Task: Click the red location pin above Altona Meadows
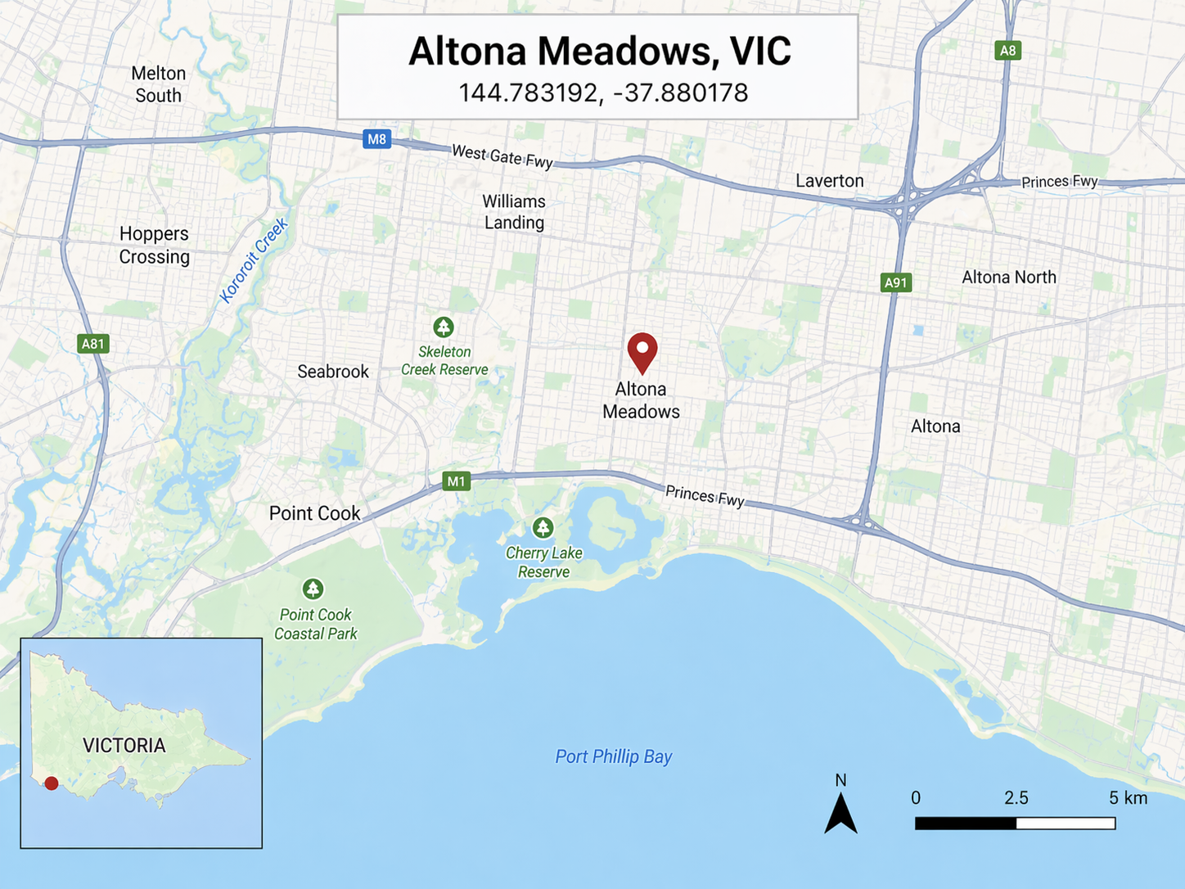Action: point(642,350)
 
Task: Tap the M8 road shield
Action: point(376,139)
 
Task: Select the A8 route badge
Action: point(1007,51)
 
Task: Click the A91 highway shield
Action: point(896,283)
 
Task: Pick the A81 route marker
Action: point(93,344)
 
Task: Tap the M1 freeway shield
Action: point(456,481)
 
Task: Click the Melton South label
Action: point(159,84)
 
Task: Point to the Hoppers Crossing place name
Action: point(155,245)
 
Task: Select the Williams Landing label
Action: point(514,212)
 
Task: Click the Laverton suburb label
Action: point(829,181)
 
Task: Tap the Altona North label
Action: point(1008,278)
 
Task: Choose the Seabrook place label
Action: point(333,372)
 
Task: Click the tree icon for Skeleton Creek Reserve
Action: point(444,327)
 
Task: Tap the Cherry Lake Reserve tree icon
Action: point(543,527)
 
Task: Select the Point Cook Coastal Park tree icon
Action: point(313,589)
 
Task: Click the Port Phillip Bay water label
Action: point(613,756)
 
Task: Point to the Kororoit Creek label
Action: point(254,260)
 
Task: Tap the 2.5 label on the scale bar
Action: point(1016,798)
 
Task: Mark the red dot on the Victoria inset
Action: point(52,783)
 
